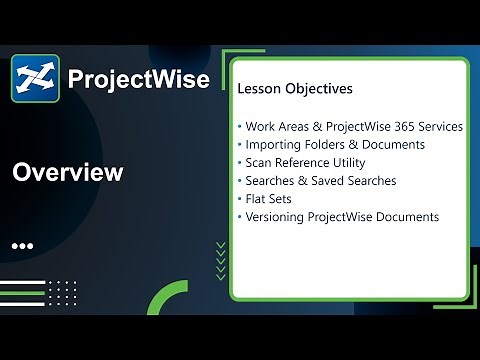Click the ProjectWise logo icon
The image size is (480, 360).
(35, 78)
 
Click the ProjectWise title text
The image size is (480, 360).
(138, 79)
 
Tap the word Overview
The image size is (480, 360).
(67, 173)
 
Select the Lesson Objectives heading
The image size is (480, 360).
(295, 89)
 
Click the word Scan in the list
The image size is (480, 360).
(259, 162)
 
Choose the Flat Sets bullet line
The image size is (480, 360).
(270, 198)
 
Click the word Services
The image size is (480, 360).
(441, 127)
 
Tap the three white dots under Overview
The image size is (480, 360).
(23, 245)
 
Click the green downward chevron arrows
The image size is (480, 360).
(220, 261)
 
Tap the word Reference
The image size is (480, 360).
(302, 162)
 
